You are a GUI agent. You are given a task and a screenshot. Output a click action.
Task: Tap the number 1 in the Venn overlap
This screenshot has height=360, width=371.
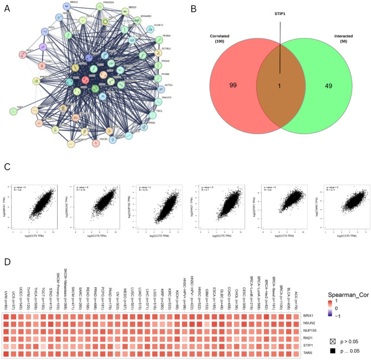tap(279, 85)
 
